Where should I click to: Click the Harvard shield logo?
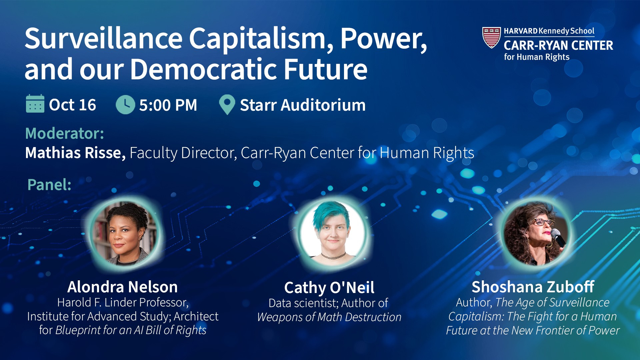coord(491,37)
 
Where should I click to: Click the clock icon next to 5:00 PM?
coord(125,105)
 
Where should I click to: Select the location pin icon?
coord(227,105)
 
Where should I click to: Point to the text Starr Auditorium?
coord(303,105)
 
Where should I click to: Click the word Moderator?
coord(65,133)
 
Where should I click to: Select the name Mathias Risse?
coord(75,153)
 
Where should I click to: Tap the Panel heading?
coord(49,184)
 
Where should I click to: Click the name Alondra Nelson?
coord(122,287)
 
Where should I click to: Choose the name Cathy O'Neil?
coord(329,287)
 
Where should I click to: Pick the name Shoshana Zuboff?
coord(533,287)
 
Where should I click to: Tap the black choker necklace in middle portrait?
coord(333,256)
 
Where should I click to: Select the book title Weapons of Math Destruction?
coord(329,317)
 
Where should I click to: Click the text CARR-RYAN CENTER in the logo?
coord(558,45)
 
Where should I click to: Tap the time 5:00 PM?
coord(168,105)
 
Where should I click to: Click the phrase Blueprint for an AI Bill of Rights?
coord(131,330)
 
